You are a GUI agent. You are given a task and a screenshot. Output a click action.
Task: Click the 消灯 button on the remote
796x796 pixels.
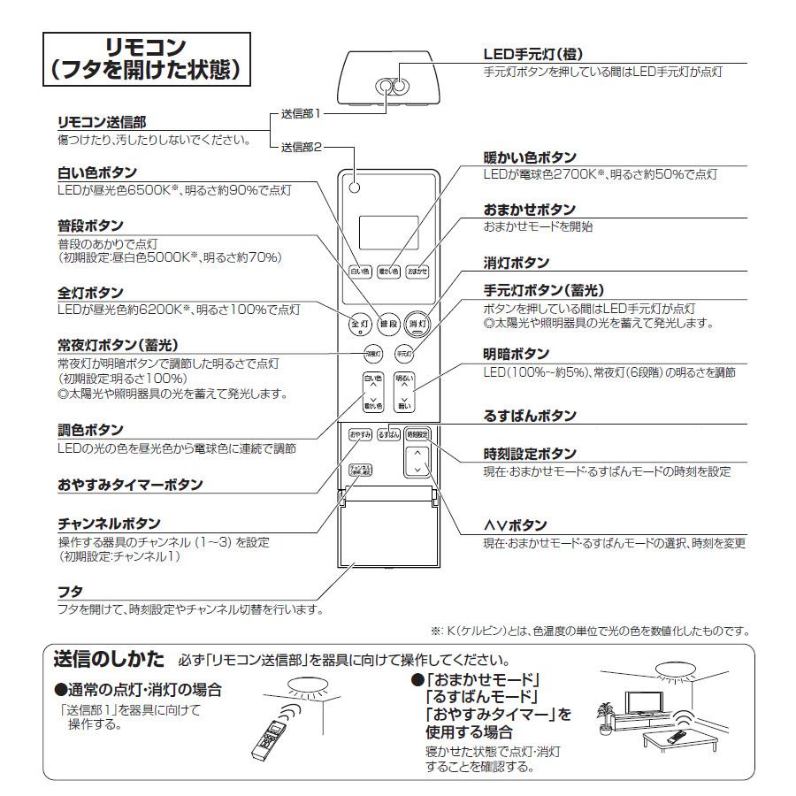pos(417,324)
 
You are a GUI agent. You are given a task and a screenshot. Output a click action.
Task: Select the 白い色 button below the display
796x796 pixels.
pos(360,271)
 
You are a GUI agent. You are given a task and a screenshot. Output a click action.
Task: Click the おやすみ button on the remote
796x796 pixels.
pos(360,434)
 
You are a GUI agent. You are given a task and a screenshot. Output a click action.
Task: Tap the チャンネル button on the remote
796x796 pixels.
pos(360,471)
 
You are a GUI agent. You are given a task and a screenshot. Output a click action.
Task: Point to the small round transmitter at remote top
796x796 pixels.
pos(354,188)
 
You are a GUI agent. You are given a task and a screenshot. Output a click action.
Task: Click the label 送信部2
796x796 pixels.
pos(301,146)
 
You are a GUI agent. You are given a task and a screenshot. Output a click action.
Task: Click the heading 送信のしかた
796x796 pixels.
pos(109,659)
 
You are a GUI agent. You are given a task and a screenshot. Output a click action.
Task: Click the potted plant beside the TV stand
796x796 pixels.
pos(605,715)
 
